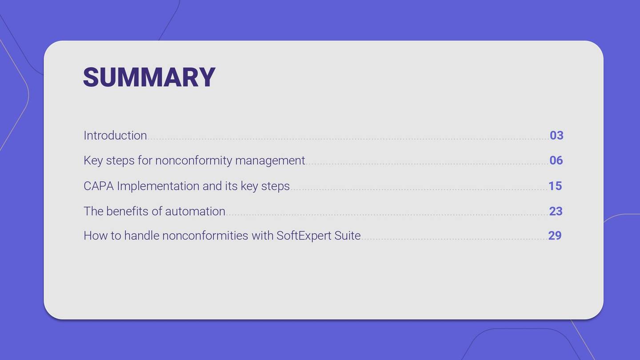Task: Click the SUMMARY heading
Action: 149,77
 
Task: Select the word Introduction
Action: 115,136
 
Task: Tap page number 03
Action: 556,136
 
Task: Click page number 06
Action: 556,160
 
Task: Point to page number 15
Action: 555,186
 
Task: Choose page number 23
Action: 556,211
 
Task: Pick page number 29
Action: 555,236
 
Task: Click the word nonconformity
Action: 193,161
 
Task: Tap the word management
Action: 270,161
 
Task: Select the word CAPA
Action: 99,186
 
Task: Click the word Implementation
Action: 158,186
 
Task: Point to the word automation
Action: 195,212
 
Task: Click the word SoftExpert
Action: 304,236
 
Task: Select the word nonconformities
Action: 205,236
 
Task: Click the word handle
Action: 142,236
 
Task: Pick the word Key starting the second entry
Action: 93,161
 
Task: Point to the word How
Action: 96,236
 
